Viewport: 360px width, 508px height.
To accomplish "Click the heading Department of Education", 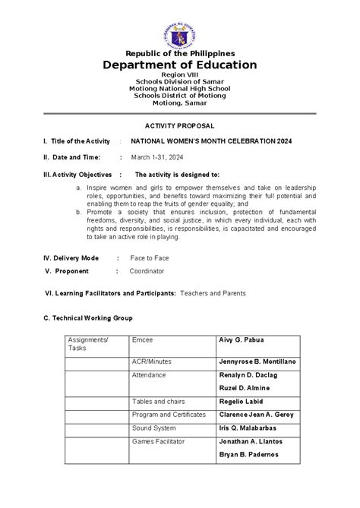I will (x=180, y=65).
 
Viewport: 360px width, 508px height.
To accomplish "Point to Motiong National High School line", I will (x=180, y=89).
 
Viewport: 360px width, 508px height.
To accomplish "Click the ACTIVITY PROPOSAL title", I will (x=179, y=124).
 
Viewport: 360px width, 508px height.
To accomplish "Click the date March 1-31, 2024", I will (x=156, y=157).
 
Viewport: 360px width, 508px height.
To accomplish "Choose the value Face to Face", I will (x=150, y=258).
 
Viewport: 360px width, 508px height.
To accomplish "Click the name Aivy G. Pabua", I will (x=241, y=339).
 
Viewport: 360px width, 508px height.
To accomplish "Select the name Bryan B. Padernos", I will (x=248, y=454).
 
